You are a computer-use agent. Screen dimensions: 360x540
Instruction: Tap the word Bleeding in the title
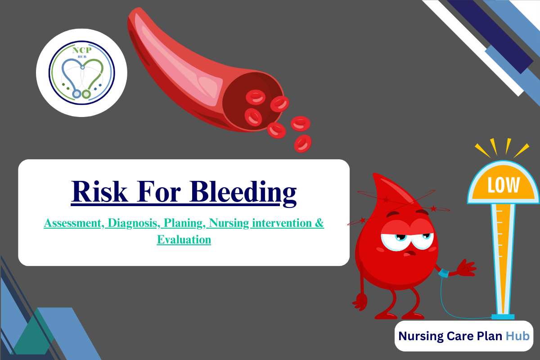(x=243, y=192)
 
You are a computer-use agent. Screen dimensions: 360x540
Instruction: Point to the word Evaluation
(x=184, y=240)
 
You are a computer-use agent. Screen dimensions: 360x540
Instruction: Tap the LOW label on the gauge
(x=503, y=185)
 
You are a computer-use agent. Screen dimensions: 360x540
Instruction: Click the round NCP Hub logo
(x=81, y=73)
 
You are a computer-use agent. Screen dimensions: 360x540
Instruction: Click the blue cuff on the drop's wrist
(x=444, y=273)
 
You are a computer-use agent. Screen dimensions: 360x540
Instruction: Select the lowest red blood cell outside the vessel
(x=303, y=144)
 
